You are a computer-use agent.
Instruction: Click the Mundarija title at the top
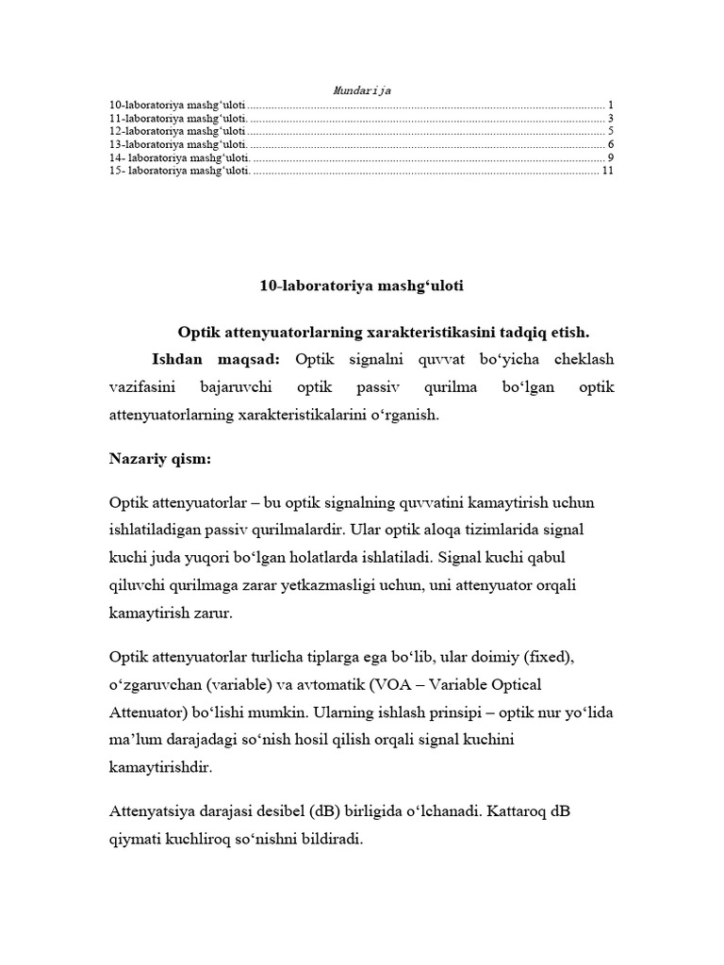click(362, 90)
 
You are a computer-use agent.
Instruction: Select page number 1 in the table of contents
click(611, 105)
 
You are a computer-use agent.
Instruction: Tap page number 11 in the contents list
click(607, 171)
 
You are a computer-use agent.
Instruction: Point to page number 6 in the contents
click(611, 144)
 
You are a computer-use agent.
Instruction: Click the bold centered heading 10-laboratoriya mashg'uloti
click(362, 284)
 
